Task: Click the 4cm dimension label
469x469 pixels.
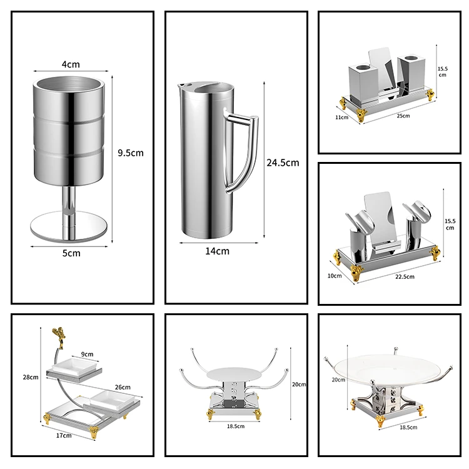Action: (71, 64)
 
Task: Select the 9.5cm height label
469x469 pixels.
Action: (131, 153)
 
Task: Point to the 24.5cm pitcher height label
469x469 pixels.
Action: (283, 163)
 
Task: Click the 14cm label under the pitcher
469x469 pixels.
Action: (217, 251)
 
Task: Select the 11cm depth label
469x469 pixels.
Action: (341, 116)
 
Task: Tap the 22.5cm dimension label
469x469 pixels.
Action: (404, 276)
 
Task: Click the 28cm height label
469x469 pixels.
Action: (31, 377)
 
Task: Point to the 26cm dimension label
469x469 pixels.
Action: (122, 387)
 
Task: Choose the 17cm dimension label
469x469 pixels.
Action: (64, 435)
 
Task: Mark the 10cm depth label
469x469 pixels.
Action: (335, 275)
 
